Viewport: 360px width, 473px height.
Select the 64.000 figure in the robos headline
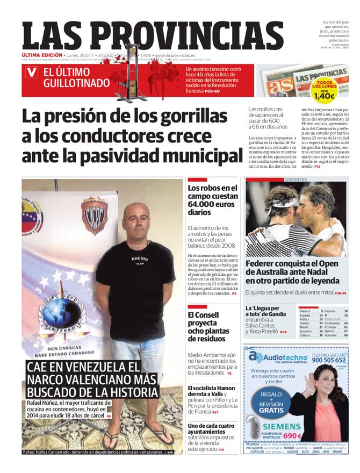[205, 204]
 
